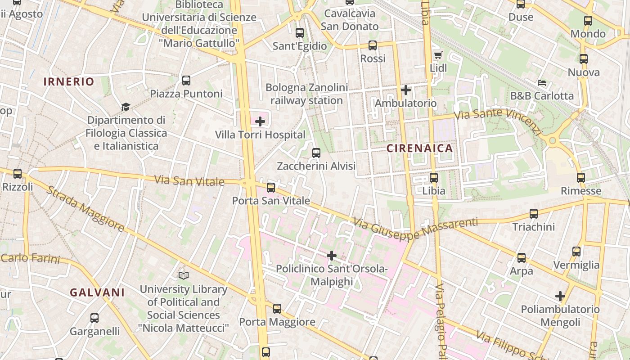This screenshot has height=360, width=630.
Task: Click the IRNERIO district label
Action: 69,81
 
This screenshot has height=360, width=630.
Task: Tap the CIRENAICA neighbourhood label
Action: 419,148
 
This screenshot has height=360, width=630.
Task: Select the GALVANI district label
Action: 97,292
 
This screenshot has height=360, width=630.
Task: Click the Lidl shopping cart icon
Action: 438,55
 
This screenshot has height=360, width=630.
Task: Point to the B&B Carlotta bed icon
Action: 542,83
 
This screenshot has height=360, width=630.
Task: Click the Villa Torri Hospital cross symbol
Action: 260,121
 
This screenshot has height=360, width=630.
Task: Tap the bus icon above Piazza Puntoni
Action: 186,81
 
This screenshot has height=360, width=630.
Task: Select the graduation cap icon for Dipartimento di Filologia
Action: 126,107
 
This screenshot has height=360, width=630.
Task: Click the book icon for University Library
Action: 183,275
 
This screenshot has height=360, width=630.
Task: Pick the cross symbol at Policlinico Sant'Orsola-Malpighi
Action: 332,256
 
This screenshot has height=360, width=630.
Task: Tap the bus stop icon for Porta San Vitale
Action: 271,187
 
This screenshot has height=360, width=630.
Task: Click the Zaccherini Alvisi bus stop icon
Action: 316,153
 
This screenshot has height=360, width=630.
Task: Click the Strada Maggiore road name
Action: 85,209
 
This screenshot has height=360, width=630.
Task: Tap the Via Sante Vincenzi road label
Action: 498,121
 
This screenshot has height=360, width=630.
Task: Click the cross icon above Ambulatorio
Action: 406,90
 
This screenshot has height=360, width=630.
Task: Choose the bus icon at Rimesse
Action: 581,178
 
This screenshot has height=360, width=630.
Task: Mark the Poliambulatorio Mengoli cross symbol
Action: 560,296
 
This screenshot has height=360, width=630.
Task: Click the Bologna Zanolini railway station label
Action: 306,94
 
